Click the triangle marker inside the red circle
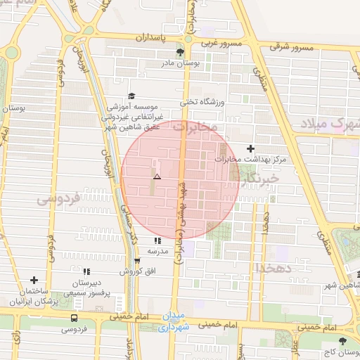[x=157, y=176]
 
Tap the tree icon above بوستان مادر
[x=180, y=52]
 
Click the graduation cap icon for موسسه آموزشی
[x=131, y=97]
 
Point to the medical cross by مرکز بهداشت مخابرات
[x=251, y=148]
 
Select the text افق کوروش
[x=130, y=271]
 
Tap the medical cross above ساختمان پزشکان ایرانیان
[x=34, y=280]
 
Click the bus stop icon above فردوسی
[x=73, y=318]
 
